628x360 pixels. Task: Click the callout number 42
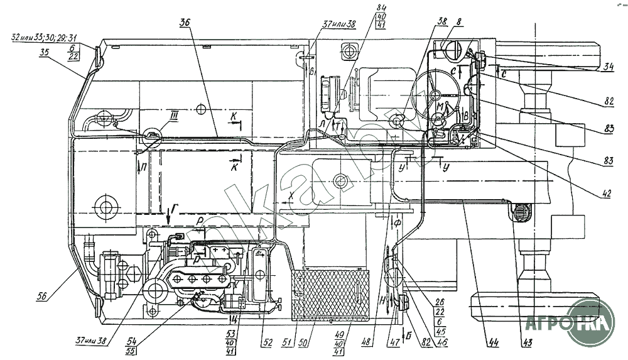coord(606,195)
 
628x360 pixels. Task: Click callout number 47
coord(393,342)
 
